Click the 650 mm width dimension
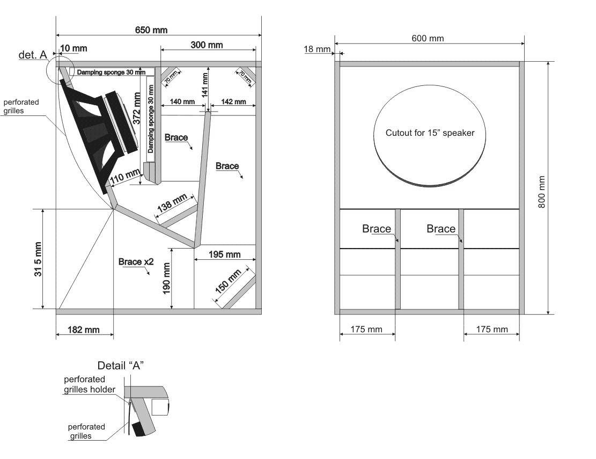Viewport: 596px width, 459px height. (151, 30)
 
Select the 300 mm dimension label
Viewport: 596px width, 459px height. (207, 45)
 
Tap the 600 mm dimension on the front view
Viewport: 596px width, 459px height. (428, 38)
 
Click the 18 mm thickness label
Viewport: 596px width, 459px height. (317, 49)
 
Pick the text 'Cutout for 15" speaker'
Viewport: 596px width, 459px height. (430, 133)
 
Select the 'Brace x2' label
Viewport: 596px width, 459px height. (136, 262)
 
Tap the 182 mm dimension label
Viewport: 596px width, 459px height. (84, 330)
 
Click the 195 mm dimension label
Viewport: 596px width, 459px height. (224, 254)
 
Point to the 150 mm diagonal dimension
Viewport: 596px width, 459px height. (229, 281)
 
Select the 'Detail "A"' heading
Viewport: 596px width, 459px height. (120, 366)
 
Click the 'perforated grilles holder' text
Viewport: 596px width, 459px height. (89, 384)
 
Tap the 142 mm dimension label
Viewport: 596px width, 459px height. (233, 101)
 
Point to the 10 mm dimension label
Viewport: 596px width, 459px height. (73, 49)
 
